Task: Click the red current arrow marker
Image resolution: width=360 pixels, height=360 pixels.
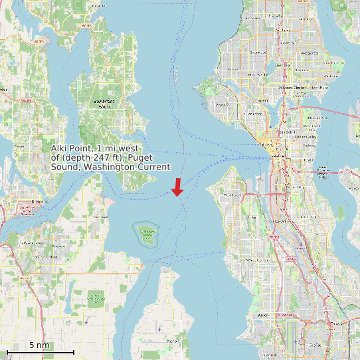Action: pos(177,187)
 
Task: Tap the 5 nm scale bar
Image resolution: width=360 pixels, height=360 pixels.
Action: pos(40,350)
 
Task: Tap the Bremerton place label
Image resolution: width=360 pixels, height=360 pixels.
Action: pos(41,201)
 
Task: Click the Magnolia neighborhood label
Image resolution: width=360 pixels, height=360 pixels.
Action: pos(223,104)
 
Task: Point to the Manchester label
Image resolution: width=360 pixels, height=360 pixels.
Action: pos(101,217)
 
